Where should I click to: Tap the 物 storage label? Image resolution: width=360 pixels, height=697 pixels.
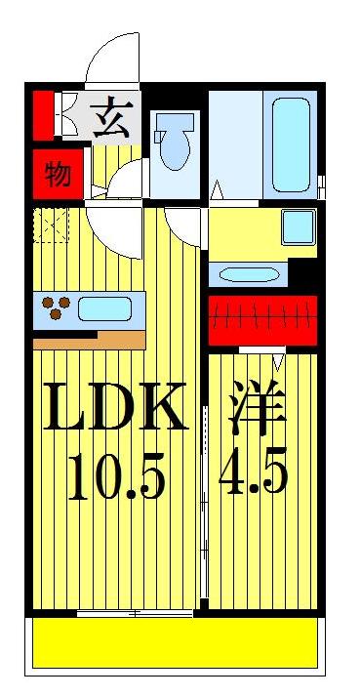(58, 176)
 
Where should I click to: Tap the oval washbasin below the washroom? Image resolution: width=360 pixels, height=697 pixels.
(251, 274)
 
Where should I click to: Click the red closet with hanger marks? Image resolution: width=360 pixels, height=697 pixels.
(263, 318)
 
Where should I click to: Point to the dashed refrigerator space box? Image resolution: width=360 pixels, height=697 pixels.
(51, 225)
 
